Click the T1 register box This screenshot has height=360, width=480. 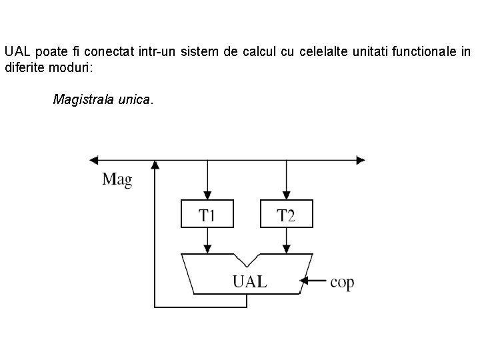point(207,213)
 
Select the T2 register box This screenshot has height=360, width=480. point(286,213)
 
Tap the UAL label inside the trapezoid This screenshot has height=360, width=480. point(249,281)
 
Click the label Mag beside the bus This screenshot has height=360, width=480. point(117,179)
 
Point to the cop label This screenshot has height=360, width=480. point(342,282)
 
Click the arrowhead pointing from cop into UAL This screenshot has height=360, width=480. point(304,282)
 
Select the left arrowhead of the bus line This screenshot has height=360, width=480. point(94,160)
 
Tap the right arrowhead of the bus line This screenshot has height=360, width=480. point(361,160)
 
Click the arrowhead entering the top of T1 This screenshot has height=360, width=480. point(207,195)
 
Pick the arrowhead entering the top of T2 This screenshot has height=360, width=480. point(286,195)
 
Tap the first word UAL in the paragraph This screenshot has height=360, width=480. point(17,51)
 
